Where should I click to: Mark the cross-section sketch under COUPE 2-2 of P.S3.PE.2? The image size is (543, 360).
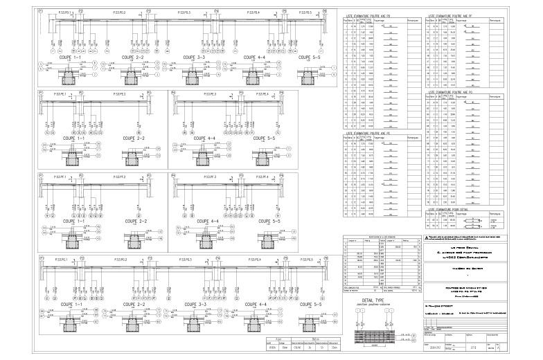point(134,161)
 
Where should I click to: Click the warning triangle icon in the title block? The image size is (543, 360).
point(427,237)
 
